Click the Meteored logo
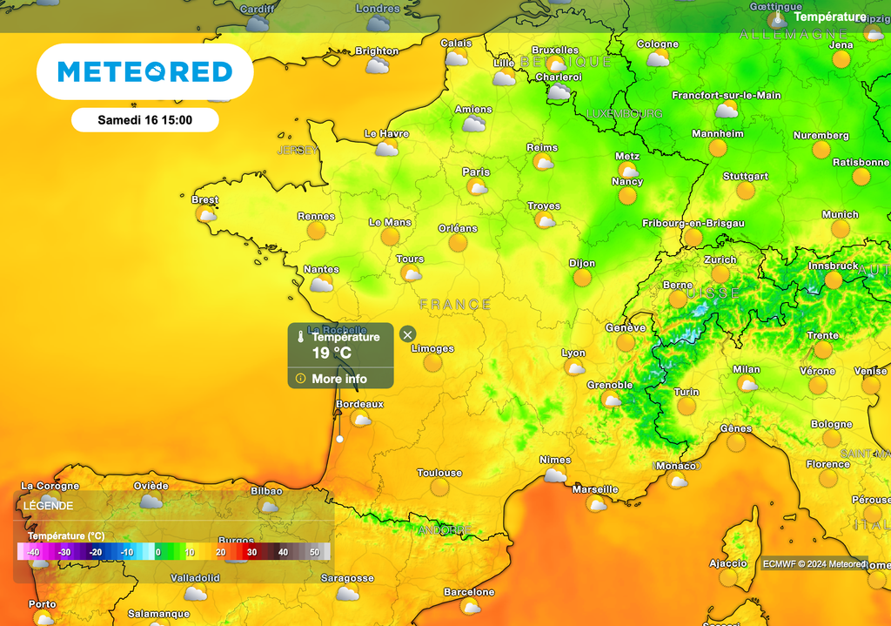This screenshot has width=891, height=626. click(144, 71)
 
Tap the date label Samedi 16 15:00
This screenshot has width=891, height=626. click(144, 119)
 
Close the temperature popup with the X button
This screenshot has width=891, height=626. click(407, 333)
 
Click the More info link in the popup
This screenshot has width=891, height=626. click(339, 379)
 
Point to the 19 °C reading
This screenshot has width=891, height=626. click(332, 353)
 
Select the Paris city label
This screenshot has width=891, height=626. click(476, 172)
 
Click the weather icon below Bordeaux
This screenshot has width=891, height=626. click(360, 419)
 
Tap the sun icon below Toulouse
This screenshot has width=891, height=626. click(440, 488)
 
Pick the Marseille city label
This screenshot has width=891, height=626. click(595, 489)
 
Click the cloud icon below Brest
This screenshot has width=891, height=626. click(206, 214)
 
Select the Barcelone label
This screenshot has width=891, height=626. click(469, 592)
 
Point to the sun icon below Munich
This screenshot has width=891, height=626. click(841, 229)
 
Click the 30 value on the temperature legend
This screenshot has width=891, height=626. click(251, 552)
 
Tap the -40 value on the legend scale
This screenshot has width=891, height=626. click(33, 552)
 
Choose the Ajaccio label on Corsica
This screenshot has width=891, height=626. click(727, 563)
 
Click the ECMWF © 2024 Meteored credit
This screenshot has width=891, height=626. click(814, 563)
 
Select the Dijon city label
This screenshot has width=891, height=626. click(582, 263)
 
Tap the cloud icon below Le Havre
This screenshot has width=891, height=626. click(386, 149)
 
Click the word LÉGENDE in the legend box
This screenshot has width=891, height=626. click(49, 505)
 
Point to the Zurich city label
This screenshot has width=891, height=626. click(720, 259)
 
